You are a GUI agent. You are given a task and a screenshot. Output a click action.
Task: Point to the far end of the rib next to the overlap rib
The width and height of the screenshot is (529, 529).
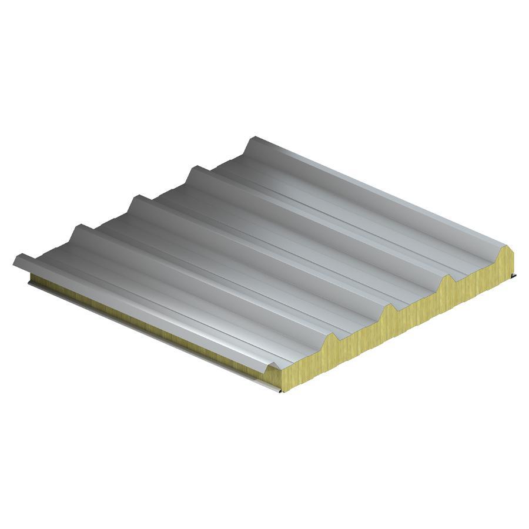79,227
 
